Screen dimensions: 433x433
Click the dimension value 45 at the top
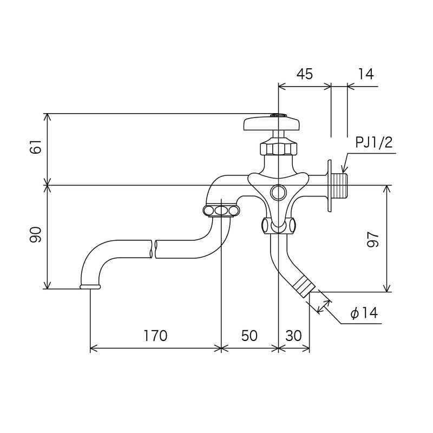(305, 74)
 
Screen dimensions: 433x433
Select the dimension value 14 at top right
(366, 74)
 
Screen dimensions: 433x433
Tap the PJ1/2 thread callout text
(373, 143)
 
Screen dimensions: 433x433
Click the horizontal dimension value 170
(155, 336)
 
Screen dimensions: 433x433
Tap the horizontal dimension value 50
(249, 336)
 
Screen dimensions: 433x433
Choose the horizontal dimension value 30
(293, 336)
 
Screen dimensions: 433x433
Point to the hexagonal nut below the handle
(278, 147)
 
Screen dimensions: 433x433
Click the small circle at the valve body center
(278, 192)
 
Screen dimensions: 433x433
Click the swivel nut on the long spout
(221, 210)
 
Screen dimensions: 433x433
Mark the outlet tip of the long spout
(90, 286)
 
